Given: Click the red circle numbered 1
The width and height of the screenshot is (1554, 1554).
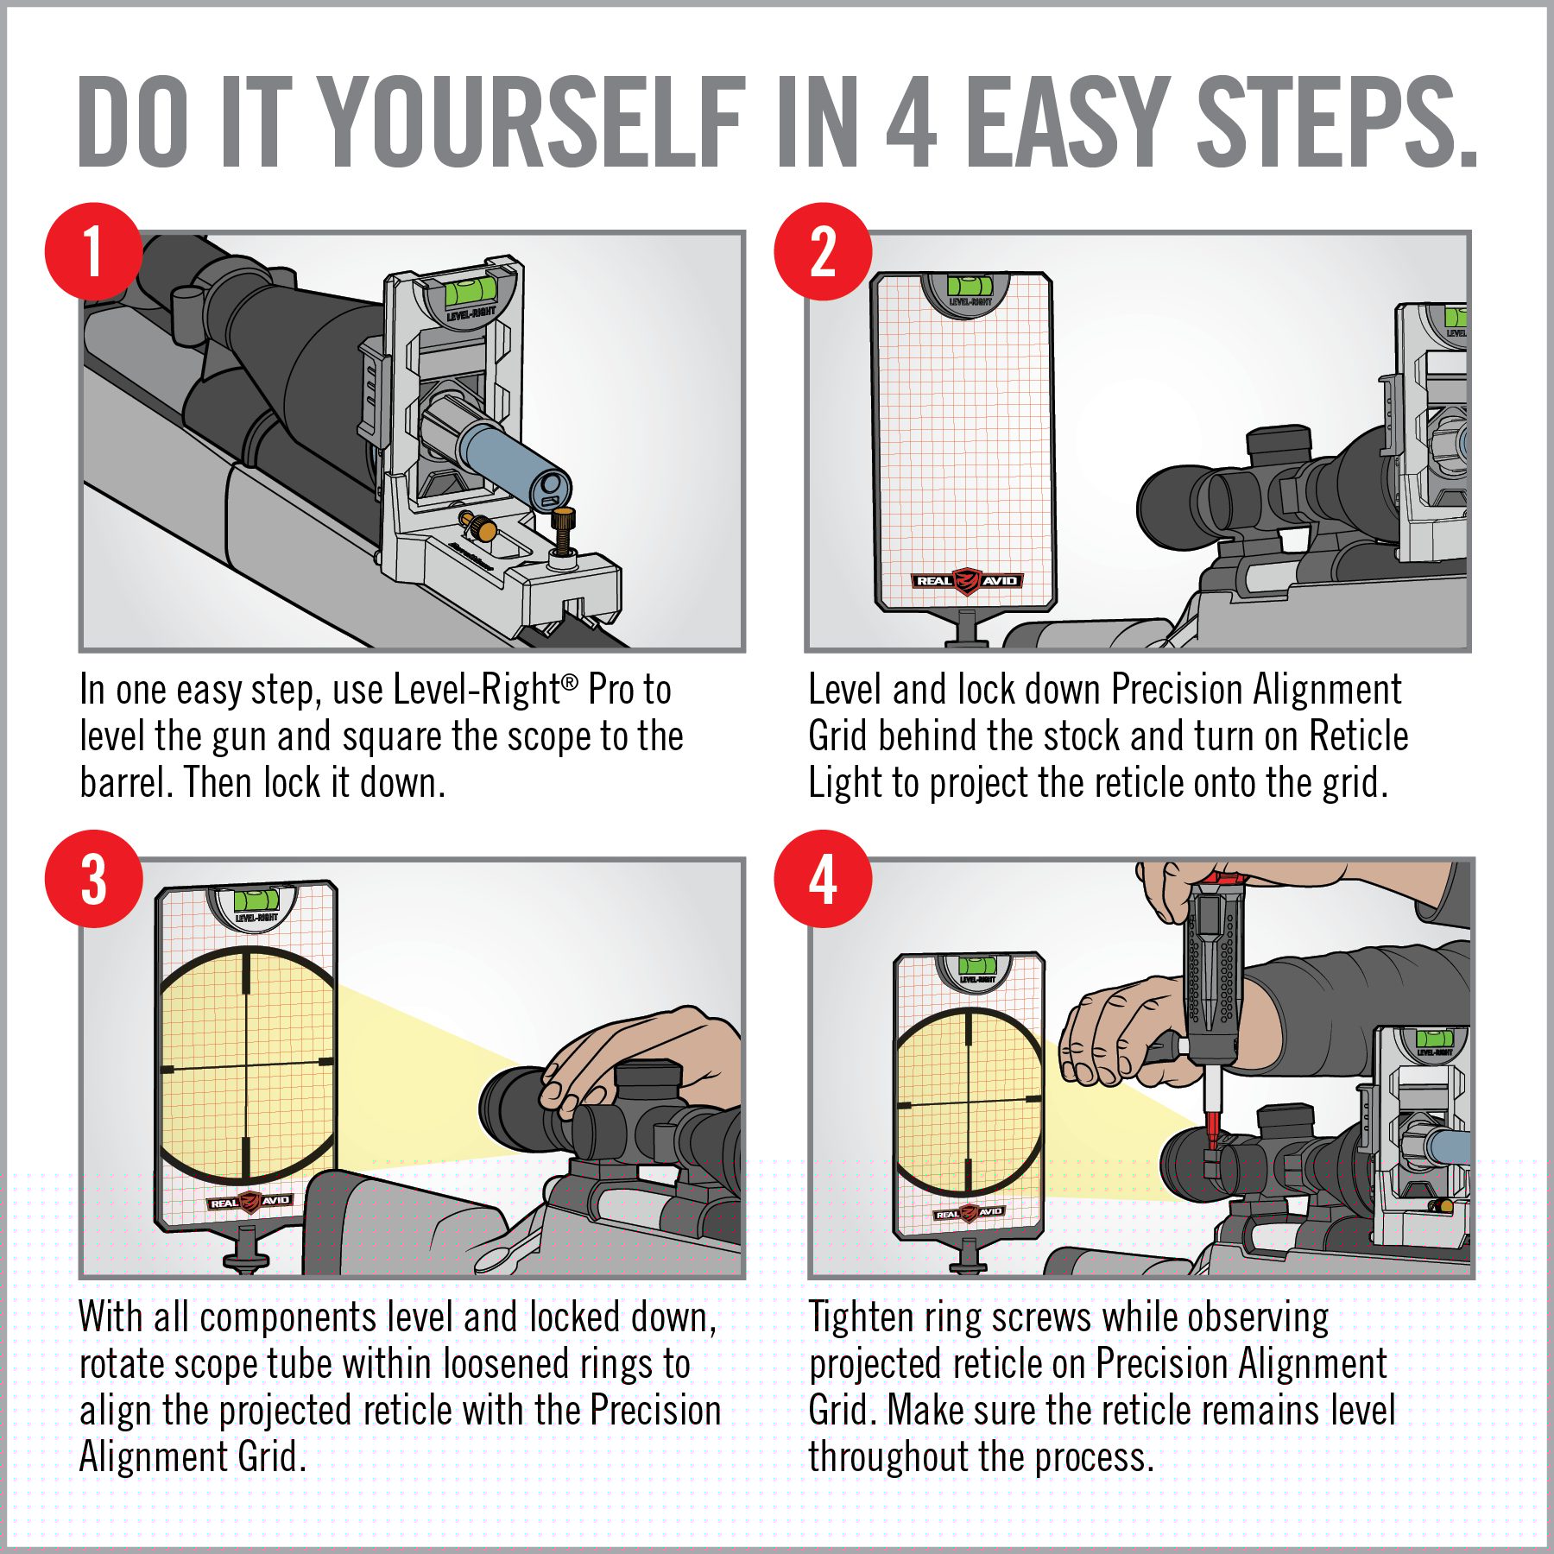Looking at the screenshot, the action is pyautogui.click(x=93, y=251).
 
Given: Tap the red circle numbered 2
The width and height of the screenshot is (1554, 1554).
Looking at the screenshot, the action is pyautogui.click(x=823, y=251).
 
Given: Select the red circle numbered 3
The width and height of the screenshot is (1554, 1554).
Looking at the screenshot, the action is pyautogui.click(x=93, y=879).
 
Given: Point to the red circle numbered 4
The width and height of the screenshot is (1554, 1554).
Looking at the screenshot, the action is pyautogui.click(x=823, y=879).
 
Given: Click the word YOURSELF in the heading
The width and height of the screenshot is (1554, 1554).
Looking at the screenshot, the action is pyautogui.click(x=534, y=122).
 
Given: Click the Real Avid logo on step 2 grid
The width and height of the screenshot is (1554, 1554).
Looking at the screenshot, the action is pyautogui.click(x=968, y=580).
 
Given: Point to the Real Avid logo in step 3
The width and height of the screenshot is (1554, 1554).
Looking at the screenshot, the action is pyautogui.click(x=250, y=1201).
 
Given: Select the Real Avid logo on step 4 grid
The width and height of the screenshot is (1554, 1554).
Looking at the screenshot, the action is pyautogui.click(x=969, y=1212).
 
